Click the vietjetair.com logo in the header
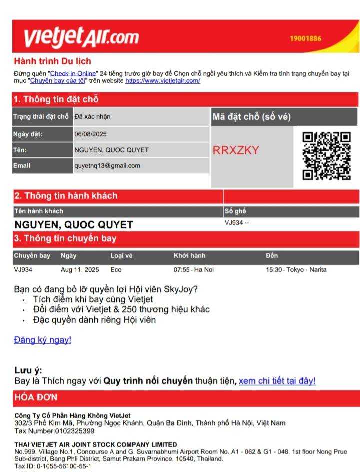pyautogui.click(x=81, y=37)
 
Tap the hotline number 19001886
pyautogui.click(x=305, y=39)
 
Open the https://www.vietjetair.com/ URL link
pyautogui.click(x=163, y=81)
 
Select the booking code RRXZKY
pyautogui.click(x=236, y=150)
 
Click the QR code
pyautogui.click(x=327, y=155)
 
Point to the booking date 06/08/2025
pyautogui.click(x=90, y=134)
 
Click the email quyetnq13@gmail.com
pyautogui.click(x=107, y=166)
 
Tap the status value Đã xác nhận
pyautogui.click(x=92, y=117)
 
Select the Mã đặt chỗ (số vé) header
pyautogui.click(x=251, y=117)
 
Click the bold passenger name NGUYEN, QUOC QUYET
pyautogui.click(x=73, y=224)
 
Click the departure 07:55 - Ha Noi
pyautogui.click(x=194, y=270)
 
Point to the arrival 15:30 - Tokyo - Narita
pyautogui.click(x=296, y=270)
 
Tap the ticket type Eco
pyautogui.click(x=116, y=270)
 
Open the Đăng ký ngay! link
pyautogui.click(x=42, y=340)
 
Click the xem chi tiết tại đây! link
pyautogui.click(x=277, y=381)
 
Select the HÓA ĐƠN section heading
pyautogui.click(x=36, y=398)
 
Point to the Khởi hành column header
pyautogui.click(x=189, y=256)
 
